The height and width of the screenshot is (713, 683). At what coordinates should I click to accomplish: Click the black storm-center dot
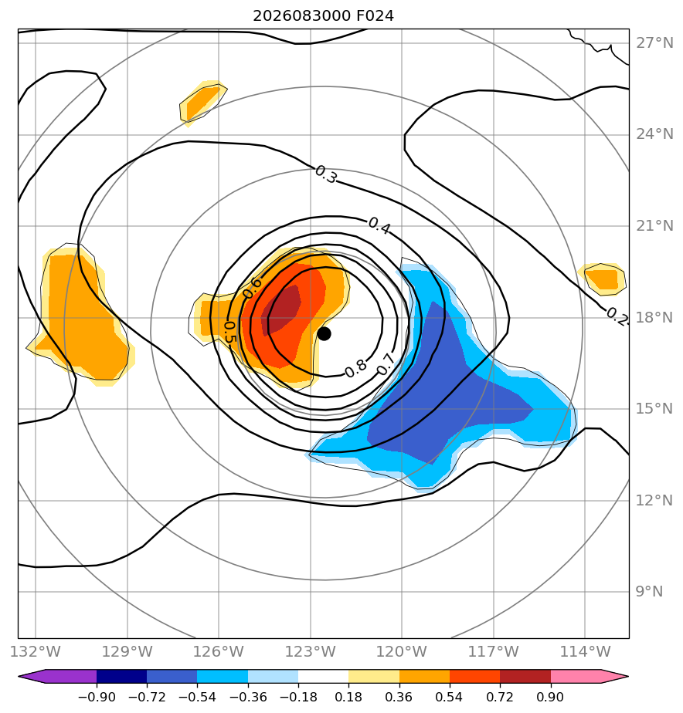coord(324,334)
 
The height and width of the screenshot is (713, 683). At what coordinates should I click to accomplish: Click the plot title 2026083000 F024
coord(323,16)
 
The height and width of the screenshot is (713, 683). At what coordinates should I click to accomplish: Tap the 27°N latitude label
coord(654,43)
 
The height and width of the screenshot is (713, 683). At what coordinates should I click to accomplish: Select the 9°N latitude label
coord(649,592)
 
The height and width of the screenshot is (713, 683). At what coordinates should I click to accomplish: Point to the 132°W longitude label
coord(36,651)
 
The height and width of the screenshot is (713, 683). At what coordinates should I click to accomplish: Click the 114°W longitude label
coord(585,651)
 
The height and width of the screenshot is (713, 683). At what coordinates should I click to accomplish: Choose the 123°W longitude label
coord(311,651)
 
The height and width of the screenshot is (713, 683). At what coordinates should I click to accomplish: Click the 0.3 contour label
coord(326,175)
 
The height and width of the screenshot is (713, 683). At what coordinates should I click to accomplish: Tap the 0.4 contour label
coord(379,225)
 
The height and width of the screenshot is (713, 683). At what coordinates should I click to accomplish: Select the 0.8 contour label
coord(355,368)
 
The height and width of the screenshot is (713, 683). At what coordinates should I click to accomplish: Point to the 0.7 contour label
coord(386,365)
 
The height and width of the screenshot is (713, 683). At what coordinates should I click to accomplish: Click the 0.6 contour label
coord(252,288)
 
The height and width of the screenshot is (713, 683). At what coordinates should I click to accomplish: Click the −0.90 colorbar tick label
coord(97,697)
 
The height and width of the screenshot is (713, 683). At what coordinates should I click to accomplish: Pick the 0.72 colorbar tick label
coord(500,697)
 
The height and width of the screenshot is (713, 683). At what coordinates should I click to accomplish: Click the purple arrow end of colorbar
coord(32,676)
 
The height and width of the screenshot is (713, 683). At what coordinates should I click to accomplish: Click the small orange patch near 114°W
coord(602,279)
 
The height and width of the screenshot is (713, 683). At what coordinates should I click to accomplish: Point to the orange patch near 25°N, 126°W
coord(202,103)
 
